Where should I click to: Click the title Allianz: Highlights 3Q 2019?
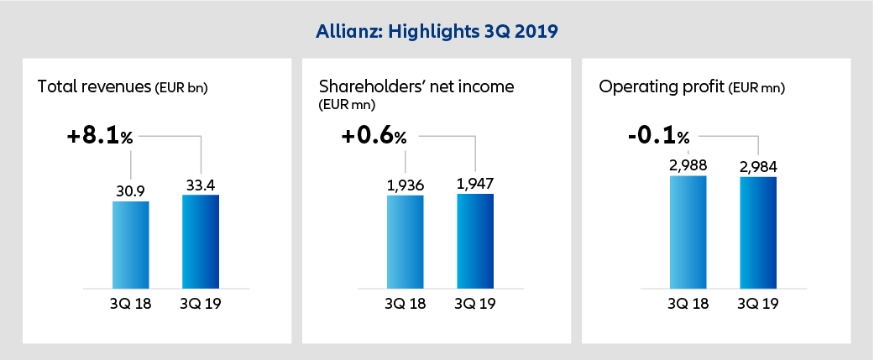pos(436,31)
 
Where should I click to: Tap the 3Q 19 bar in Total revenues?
pos(201,242)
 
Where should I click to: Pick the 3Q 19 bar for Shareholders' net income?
pos(475,241)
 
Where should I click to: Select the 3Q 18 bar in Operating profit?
pos(688,232)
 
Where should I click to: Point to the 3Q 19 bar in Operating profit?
pos(757,232)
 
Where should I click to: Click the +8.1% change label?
pos(100,135)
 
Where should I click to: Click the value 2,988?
pos(688,164)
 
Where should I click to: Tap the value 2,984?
pos(758,166)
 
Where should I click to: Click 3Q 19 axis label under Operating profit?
pos(757,304)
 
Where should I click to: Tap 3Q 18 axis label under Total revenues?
pos(130,304)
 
